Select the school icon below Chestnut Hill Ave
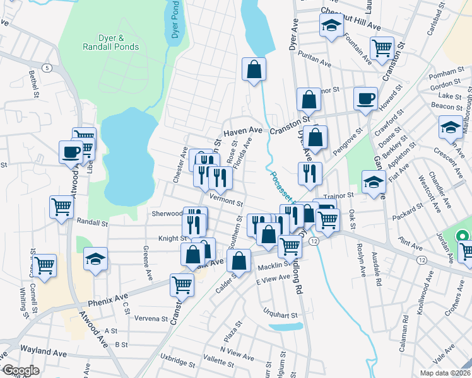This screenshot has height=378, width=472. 330,27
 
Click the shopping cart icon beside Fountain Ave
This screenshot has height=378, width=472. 382,49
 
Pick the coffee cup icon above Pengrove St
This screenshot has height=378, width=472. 365,99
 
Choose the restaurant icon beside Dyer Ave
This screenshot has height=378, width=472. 309,174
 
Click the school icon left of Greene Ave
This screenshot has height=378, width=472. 95,259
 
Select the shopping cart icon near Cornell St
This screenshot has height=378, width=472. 44,265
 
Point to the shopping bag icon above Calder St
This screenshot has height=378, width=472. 239,262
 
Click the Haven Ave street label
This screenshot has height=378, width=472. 243,130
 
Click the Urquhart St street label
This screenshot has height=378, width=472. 280,313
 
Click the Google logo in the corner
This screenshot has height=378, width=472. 21,370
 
